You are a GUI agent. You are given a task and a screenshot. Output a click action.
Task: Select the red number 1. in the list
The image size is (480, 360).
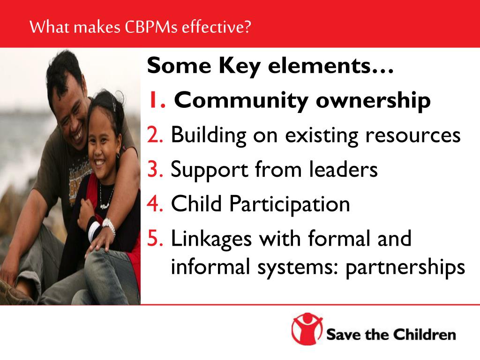pos(157,100)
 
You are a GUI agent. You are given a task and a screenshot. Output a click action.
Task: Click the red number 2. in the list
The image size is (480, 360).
pos(155,135)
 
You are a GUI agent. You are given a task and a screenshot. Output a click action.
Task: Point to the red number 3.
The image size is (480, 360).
pos(155,169)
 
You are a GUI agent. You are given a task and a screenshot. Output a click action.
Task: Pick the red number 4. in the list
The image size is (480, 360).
pos(155,203)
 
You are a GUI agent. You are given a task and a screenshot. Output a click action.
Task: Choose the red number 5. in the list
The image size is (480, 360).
pos(155,238)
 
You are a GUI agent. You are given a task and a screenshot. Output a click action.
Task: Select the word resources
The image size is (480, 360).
pos(413,135)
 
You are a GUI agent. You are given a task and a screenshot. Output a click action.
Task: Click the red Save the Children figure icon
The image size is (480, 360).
pos(307,330)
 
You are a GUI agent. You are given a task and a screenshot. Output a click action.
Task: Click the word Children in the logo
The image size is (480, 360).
pos(424,335)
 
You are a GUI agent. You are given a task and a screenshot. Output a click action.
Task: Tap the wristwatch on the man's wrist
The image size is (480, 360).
pos(109,226)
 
